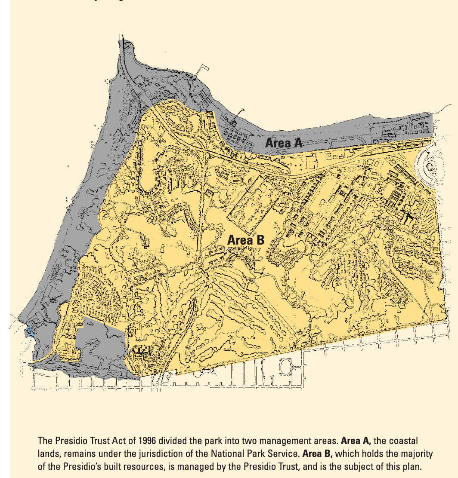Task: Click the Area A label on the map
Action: click(x=283, y=143)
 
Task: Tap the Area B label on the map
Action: click(x=245, y=240)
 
